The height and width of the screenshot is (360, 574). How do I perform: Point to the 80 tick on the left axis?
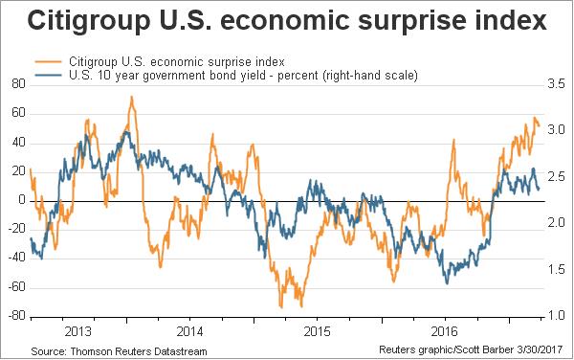[18, 84]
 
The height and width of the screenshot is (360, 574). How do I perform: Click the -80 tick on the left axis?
[16, 316]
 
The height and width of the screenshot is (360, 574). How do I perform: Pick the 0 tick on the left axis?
[22, 200]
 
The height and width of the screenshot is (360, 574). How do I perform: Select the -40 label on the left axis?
[16, 259]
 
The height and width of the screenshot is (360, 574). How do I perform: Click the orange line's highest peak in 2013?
[131, 97]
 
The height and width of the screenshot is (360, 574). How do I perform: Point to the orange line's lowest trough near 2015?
[280, 306]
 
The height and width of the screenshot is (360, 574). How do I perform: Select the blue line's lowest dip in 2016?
[446, 283]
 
